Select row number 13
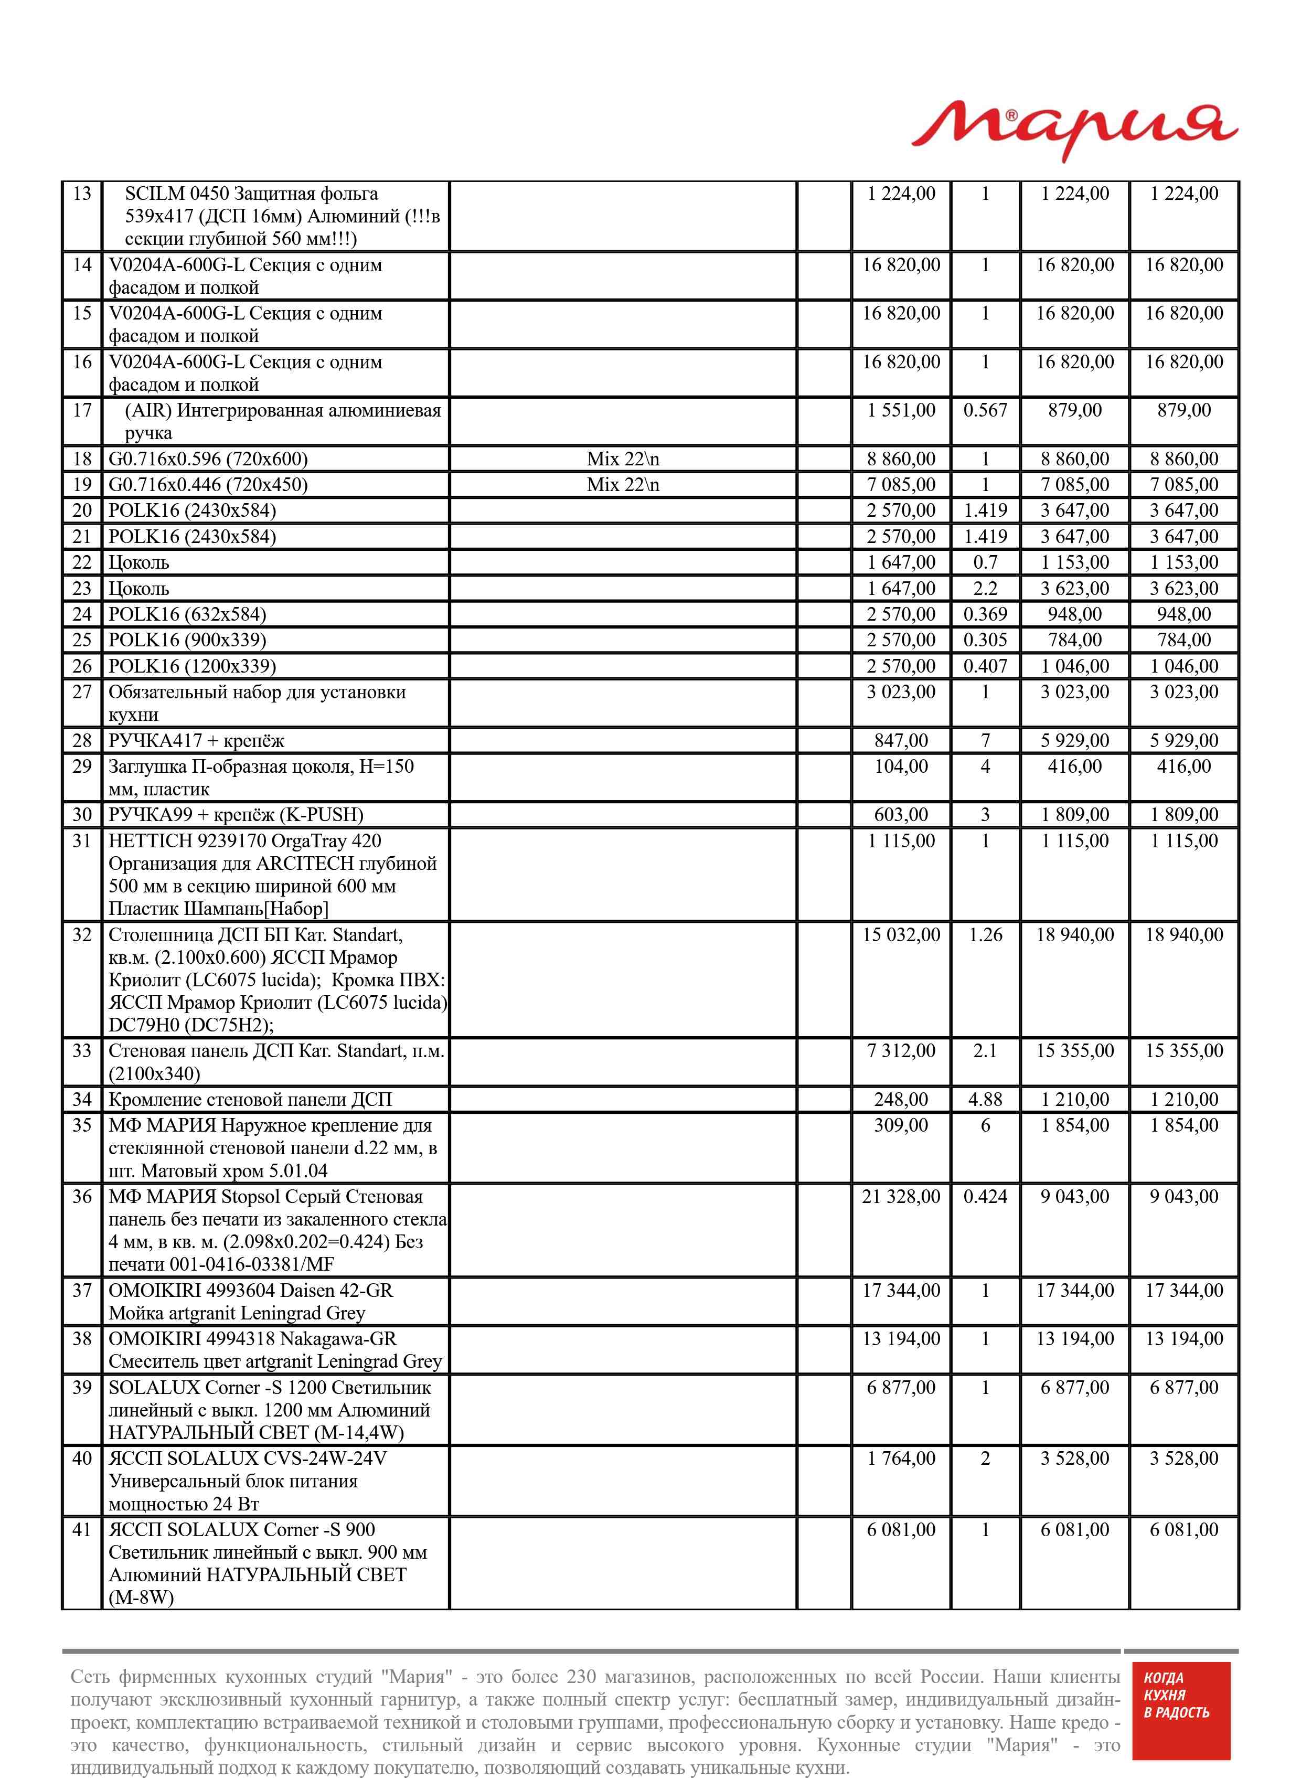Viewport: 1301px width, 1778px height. [82, 194]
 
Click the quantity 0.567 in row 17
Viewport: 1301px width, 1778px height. [985, 410]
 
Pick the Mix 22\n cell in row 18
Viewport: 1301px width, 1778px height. [622, 459]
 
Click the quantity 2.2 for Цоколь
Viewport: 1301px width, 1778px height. [985, 589]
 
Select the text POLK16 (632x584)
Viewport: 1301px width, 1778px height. [187, 615]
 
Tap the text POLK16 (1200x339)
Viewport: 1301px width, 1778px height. [192, 667]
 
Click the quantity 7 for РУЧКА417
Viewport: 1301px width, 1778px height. [985, 741]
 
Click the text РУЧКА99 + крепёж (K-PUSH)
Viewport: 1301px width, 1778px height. [236, 815]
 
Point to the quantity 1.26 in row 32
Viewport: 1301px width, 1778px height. [985, 935]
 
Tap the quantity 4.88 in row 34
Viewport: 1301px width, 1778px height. [985, 1100]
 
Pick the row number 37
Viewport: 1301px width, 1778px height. [82, 1291]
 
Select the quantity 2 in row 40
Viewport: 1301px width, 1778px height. [985, 1458]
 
